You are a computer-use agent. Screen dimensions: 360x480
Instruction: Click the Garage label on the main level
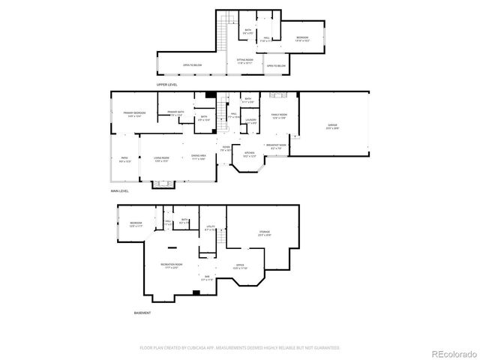pos(332,127)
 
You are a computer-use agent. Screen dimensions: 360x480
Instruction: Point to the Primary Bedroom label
pos(134,112)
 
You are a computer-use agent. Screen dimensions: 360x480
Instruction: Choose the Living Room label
pos(161,157)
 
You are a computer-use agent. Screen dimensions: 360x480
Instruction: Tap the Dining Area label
pos(199,157)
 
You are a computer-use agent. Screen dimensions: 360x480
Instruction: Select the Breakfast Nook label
pos(277,145)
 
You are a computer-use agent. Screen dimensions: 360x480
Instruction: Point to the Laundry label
pos(250,120)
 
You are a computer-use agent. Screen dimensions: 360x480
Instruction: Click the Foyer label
pos(226,147)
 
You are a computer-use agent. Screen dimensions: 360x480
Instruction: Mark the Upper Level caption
pos(166,85)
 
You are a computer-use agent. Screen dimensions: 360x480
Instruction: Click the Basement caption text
pos(142,312)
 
